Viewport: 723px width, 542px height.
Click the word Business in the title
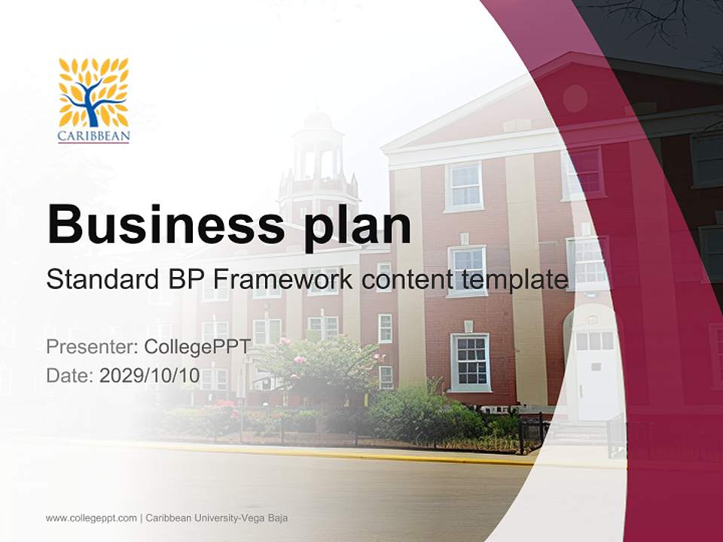click(x=166, y=224)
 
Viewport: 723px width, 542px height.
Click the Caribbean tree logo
click(x=93, y=93)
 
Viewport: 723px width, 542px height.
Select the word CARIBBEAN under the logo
click(x=93, y=137)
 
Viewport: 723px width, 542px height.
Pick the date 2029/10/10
click(x=150, y=376)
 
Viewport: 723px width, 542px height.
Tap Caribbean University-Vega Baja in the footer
click(x=217, y=518)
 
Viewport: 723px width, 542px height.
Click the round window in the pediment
click(x=575, y=98)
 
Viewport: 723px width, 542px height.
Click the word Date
click(x=69, y=376)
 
